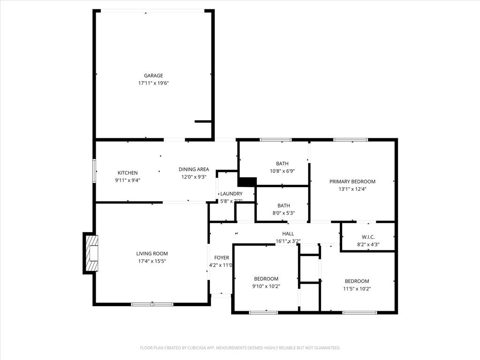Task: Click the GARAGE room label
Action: click(153, 75)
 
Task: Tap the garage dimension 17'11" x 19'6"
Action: click(153, 83)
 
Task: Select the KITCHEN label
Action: click(127, 173)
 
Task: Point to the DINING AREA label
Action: click(194, 170)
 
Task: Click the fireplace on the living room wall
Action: click(92, 253)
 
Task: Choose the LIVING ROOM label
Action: click(152, 254)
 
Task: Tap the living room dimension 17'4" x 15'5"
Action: click(152, 261)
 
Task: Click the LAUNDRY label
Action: click(231, 194)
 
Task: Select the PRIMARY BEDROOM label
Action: click(352, 181)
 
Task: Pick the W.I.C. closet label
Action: click(368, 237)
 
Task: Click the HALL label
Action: click(288, 234)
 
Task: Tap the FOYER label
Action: click(222, 258)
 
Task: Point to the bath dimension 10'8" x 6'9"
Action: click(282, 171)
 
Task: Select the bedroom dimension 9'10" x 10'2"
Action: click(266, 286)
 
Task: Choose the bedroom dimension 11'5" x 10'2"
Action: click(357, 289)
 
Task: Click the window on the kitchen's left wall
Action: click(94, 171)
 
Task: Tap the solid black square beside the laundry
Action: click(247, 181)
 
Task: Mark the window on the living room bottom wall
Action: click(152, 304)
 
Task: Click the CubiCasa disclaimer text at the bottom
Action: click(240, 348)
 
